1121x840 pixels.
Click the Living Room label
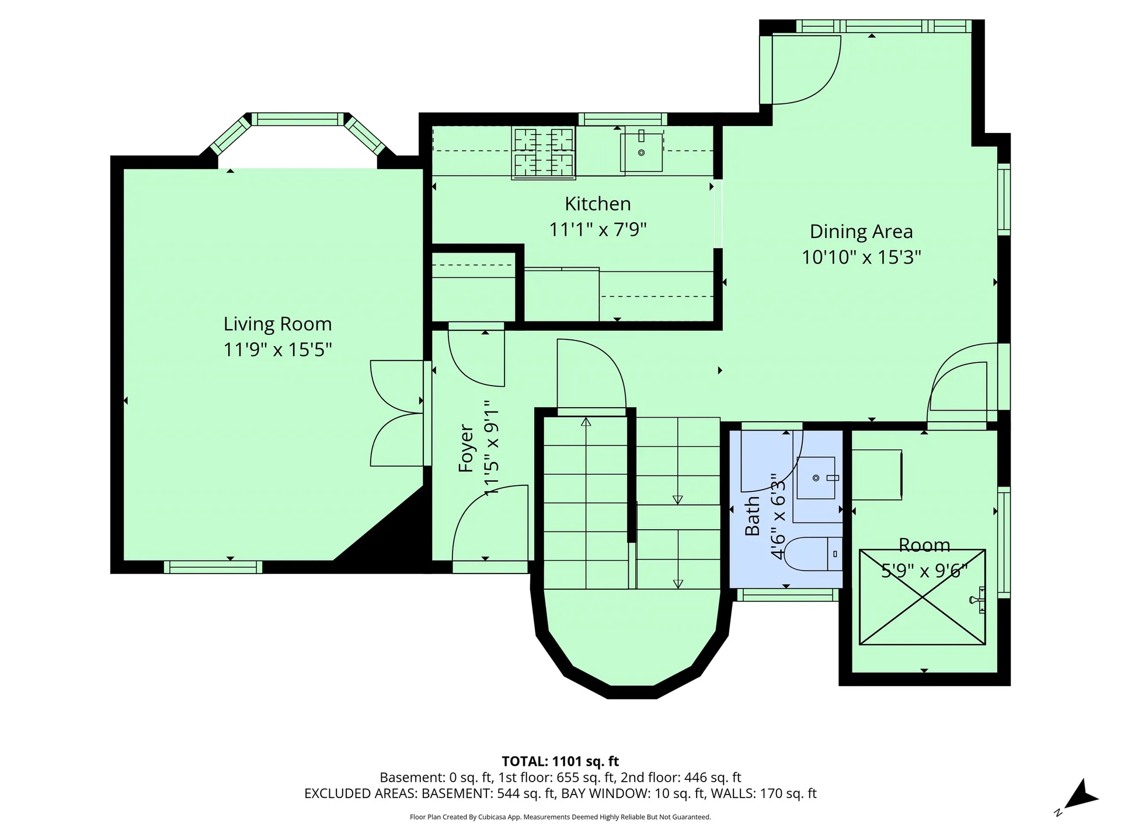277,324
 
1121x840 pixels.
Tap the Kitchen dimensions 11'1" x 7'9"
598,229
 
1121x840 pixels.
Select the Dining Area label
861,232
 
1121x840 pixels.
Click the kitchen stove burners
544,153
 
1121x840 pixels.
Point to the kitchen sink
641,152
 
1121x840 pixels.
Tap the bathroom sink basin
816,478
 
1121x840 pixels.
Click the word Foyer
466,448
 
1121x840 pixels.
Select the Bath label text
752,516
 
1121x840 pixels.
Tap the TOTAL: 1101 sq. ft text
560,761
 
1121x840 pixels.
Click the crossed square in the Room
922,597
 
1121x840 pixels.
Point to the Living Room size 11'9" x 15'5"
278,349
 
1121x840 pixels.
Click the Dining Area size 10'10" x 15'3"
861,257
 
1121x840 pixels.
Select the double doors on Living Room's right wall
397,413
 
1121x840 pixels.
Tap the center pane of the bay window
298,119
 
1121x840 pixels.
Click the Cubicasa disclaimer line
560,817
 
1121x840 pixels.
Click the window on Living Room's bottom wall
213,567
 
